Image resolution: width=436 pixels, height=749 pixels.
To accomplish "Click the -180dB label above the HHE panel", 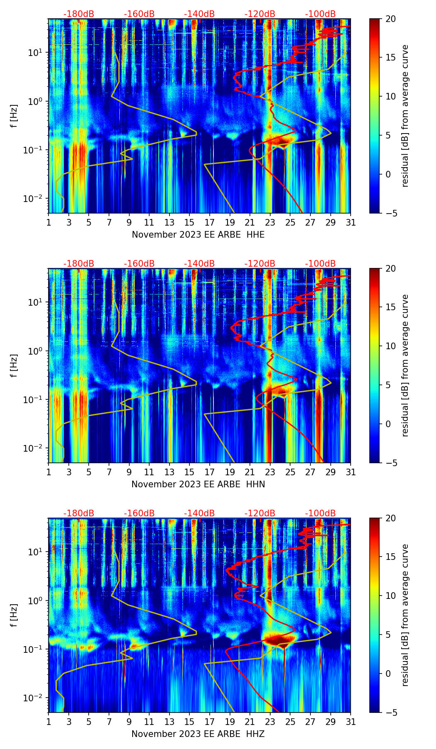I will [x=79, y=14].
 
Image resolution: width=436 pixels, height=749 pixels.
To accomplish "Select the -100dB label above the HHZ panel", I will [x=320, y=513].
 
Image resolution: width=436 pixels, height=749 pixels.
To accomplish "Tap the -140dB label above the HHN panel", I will [x=199, y=264].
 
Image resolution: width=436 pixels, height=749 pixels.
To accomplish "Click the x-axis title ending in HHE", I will [x=198, y=235].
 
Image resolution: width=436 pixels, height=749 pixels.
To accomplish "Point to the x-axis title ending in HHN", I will [x=198, y=484].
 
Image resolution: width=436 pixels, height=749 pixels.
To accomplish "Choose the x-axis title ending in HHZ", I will [x=198, y=734].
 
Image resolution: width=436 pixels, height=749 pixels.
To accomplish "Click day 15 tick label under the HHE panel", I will [x=189, y=223].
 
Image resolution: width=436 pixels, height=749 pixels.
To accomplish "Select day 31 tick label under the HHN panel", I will [x=351, y=472].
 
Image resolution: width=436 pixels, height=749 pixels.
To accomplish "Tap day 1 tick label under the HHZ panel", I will [x=49, y=722].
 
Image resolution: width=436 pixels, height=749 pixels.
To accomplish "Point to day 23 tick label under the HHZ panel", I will [x=270, y=722].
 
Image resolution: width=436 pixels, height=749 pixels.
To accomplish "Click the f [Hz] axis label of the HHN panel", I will [x=14, y=365].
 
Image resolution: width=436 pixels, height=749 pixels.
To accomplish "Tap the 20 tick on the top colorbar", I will [x=390, y=19].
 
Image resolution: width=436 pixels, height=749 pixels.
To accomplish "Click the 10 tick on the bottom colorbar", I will [x=390, y=596].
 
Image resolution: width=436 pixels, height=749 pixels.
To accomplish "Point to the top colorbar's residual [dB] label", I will [x=405, y=116].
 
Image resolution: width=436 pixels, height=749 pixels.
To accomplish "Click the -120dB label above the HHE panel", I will [x=260, y=14].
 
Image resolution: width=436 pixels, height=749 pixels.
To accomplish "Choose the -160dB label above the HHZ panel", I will [x=139, y=513].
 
